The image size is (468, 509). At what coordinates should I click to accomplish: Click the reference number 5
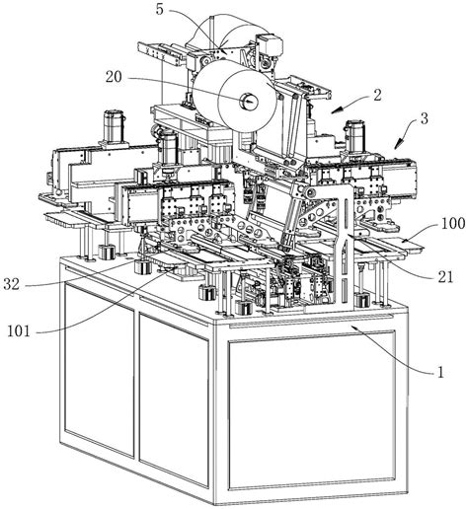(160, 9)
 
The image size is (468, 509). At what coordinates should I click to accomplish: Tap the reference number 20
(114, 77)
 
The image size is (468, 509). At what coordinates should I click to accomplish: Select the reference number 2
(377, 95)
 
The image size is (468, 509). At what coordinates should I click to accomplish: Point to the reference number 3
(425, 118)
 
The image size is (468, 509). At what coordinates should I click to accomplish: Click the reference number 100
(453, 224)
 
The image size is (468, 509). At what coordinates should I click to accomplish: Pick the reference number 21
(445, 277)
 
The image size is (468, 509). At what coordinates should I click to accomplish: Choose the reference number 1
(440, 373)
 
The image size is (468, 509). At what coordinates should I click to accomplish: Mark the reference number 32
(12, 284)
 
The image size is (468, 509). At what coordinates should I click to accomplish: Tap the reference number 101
(19, 330)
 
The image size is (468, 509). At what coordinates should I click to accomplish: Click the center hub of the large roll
(249, 100)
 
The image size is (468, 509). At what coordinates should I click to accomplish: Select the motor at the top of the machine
(270, 46)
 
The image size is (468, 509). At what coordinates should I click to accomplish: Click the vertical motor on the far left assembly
(114, 126)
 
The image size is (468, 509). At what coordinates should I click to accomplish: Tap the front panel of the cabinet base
(311, 412)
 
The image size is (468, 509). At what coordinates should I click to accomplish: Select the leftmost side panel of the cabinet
(99, 369)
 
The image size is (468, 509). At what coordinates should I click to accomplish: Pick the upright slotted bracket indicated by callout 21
(344, 244)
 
